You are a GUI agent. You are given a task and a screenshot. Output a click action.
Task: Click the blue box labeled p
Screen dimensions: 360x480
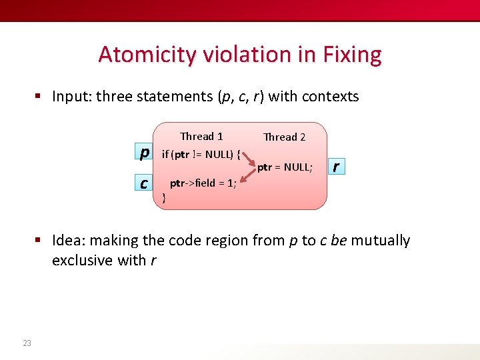tap(143, 153)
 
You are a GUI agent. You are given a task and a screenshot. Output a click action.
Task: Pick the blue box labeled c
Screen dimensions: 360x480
tap(143, 182)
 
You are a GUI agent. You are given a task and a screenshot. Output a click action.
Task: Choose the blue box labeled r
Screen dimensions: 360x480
tap(336, 166)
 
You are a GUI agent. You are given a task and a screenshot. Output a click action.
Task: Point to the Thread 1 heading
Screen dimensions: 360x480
tap(201, 137)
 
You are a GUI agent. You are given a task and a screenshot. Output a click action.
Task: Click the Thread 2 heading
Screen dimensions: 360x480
tap(284, 137)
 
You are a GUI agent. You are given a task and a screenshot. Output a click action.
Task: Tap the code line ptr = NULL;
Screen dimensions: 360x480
tap(285, 167)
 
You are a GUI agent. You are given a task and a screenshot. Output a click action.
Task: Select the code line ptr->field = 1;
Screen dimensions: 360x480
tap(203, 183)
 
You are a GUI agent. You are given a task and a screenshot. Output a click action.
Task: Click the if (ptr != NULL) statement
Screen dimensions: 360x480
tap(201, 155)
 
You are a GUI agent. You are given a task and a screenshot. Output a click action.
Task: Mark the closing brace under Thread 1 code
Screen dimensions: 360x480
tap(164, 197)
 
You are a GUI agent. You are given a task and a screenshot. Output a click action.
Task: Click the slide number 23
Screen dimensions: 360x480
tap(27, 343)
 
